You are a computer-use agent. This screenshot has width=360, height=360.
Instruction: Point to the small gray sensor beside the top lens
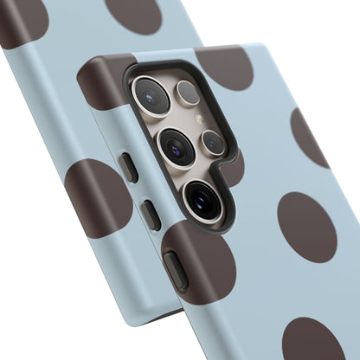coord(188,93)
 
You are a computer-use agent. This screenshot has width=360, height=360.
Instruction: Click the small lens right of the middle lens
coord(213,142)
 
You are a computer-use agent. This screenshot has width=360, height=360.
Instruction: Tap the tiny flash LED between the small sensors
coord(200,119)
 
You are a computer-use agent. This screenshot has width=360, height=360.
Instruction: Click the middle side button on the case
coord(151,214)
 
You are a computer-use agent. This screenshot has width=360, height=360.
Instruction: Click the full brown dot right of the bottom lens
coord(306,227)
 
